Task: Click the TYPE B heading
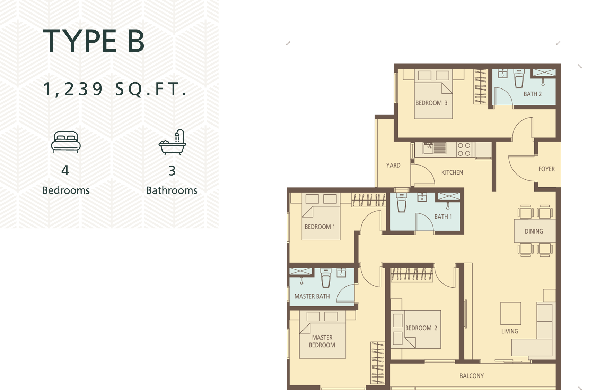pyautogui.click(x=93, y=41)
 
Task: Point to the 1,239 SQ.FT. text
pyautogui.click(x=115, y=89)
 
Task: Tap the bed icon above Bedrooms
pyautogui.click(x=66, y=142)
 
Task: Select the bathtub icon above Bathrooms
pyautogui.click(x=173, y=142)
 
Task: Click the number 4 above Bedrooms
pyautogui.click(x=65, y=170)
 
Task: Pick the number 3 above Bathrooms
pyautogui.click(x=172, y=170)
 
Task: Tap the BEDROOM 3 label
pyautogui.click(x=431, y=103)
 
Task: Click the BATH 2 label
pyautogui.click(x=533, y=94)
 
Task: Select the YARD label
pyautogui.click(x=393, y=165)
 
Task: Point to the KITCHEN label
pyautogui.click(x=452, y=172)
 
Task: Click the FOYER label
pyautogui.click(x=546, y=169)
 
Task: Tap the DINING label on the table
pyautogui.click(x=534, y=231)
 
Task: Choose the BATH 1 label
pyautogui.click(x=443, y=217)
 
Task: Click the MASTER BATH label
pyautogui.click(x=312, y=296)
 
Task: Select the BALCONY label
pyautogui.click(x=472, y=376)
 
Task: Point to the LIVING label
pyautogui.click(x=510, y=331)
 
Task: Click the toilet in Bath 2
pyautogui.click(x=519, y=78)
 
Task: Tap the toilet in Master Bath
pyautogui.click(x=326, y=278)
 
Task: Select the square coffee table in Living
pyautogui.click(x=511, y=313)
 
